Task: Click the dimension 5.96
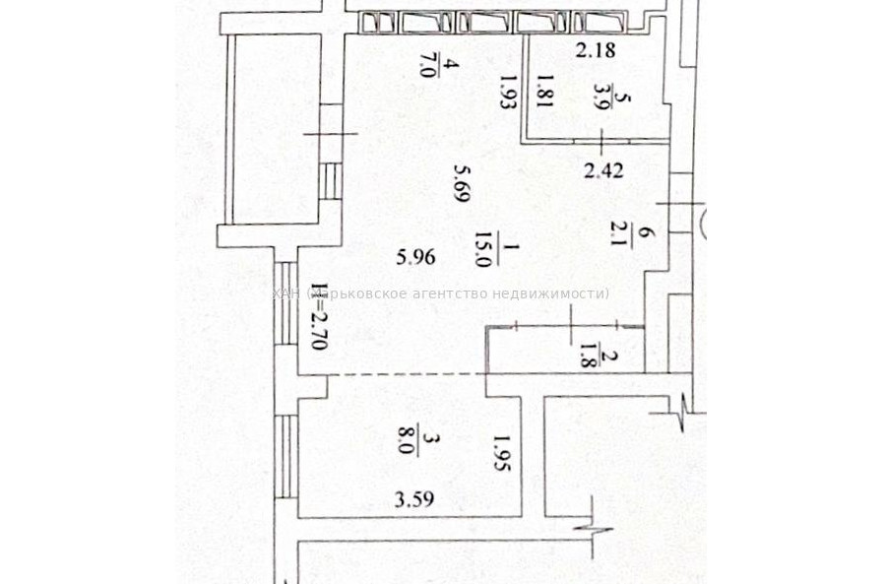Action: [415, 258]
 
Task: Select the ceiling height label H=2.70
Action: [317, 317]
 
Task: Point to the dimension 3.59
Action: [413, 499]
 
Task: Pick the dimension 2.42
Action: [603, 170]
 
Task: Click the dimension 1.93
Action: [507, 97]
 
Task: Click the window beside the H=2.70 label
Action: [284, 303]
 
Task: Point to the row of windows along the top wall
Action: [492, 22]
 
